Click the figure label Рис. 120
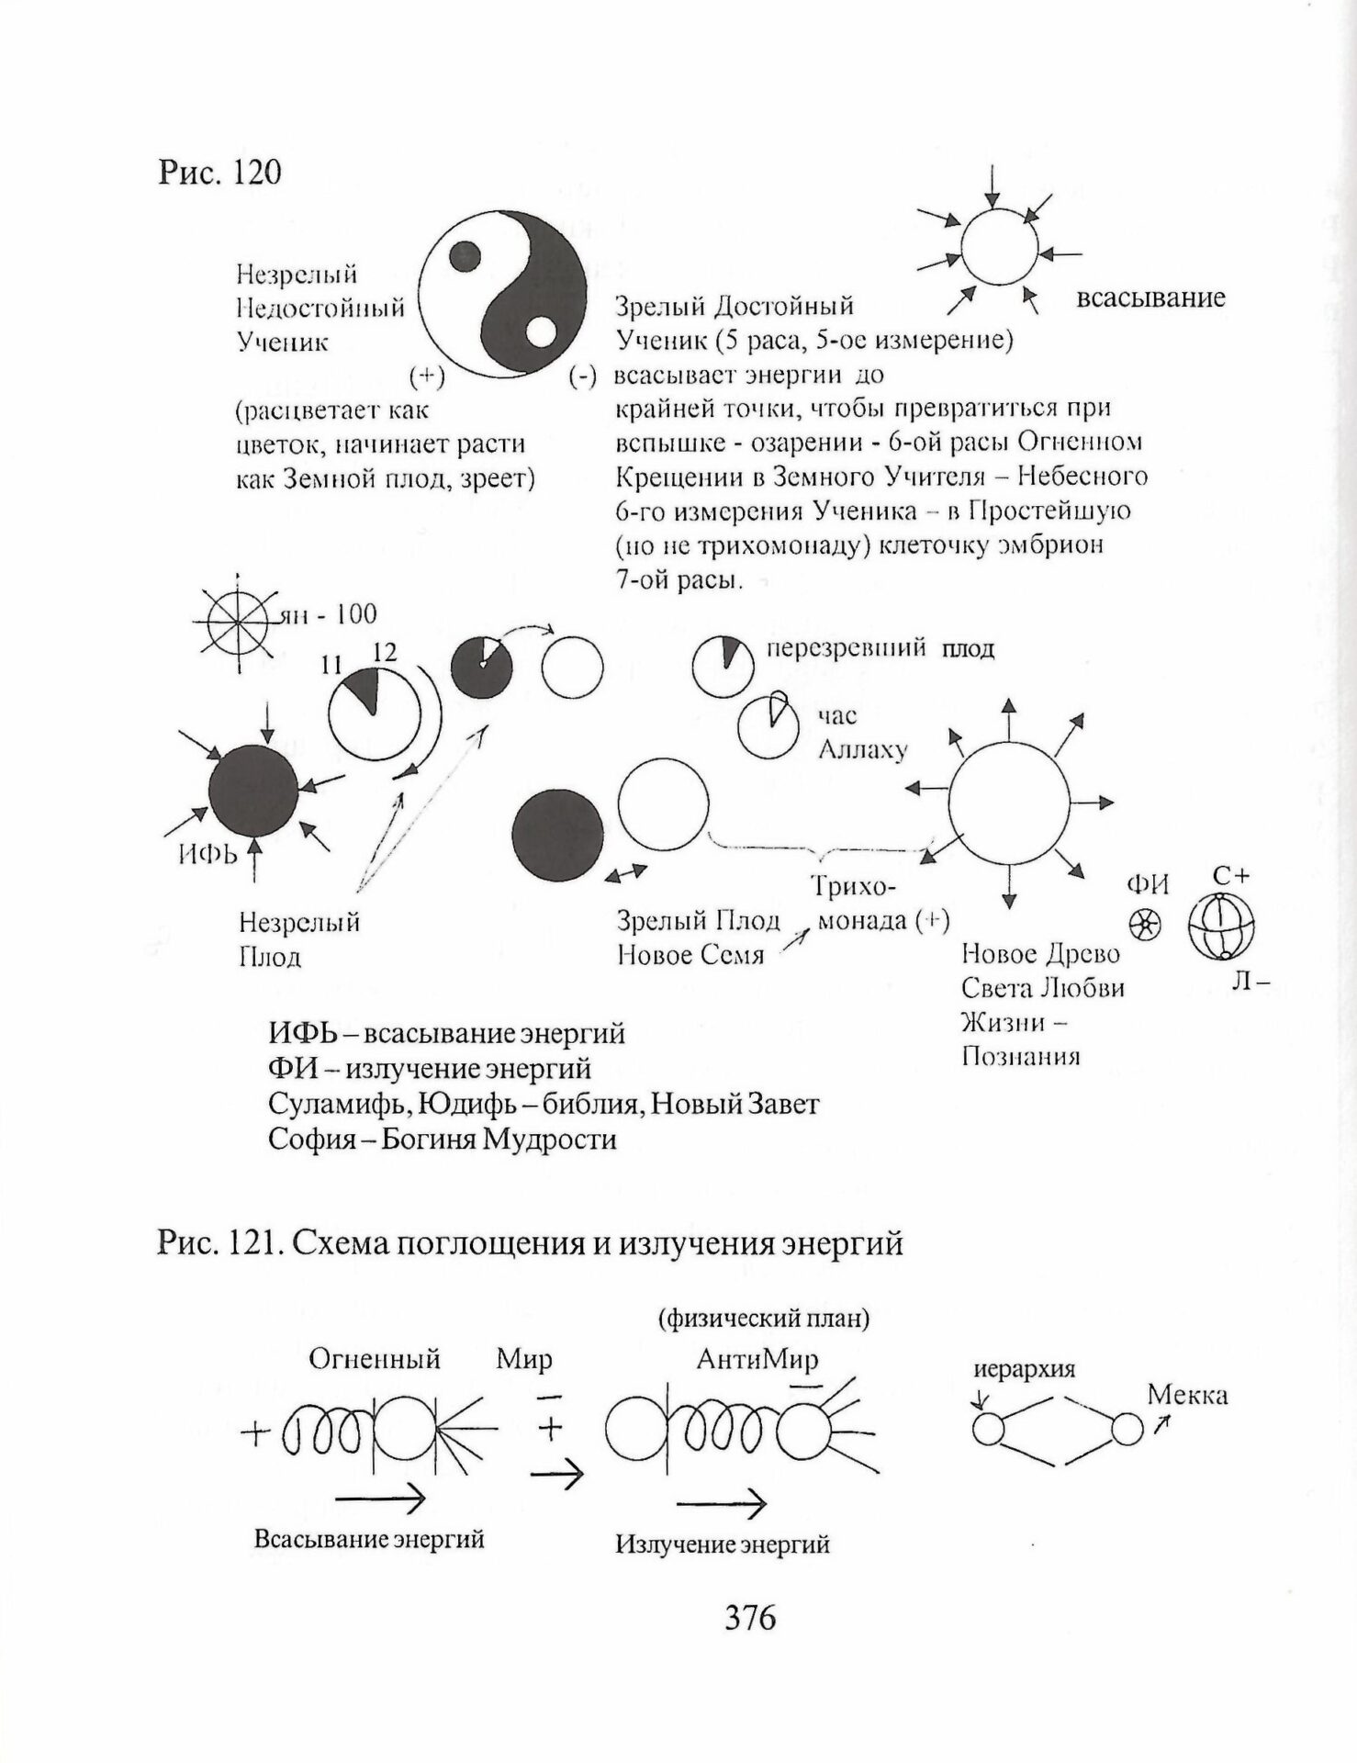[219, 173]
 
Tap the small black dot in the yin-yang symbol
[465, 256]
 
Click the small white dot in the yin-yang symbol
[542, 332]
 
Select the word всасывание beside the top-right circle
[1150, 298]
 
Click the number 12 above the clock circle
[385, 652]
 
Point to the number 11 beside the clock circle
[331, 665]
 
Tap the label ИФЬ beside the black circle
[207, 854]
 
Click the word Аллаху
[862, 749]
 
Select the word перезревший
[846, 648]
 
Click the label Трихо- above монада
[853, 886]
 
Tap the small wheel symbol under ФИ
[1144, 925]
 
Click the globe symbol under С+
[1221, 926]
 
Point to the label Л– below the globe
[1250, 982]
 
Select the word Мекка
[1187, 1396]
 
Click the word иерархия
[1024, 1369]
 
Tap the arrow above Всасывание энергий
[380, 1499]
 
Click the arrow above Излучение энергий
[721, 1504]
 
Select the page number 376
[750, 1617]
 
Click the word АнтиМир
[757, 1358]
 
